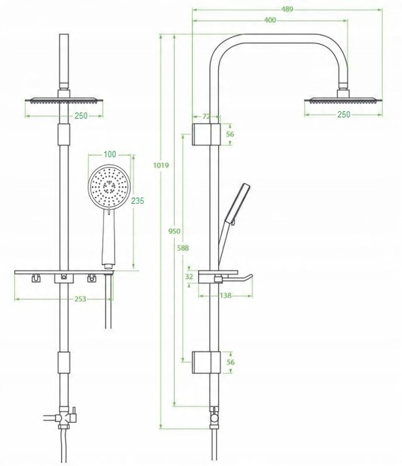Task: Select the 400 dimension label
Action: click(270, 20)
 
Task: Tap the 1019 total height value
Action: click(161, 166)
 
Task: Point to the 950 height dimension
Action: click(173, 231)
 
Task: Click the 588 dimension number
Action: click(184, 247)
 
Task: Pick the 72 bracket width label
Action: click(207, 116)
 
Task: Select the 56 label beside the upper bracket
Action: click(230, 134)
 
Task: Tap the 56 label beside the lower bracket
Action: click(230, 362)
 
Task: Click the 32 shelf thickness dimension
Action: click(189, 276)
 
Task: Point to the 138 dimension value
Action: click(226, 295)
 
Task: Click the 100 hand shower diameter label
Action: click(109, 155)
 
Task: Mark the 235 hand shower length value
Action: click(137, 201)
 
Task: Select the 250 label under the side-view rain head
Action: click(343, 115)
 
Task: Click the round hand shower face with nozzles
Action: click(109, 184)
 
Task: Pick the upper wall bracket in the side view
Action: click(207, 134)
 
